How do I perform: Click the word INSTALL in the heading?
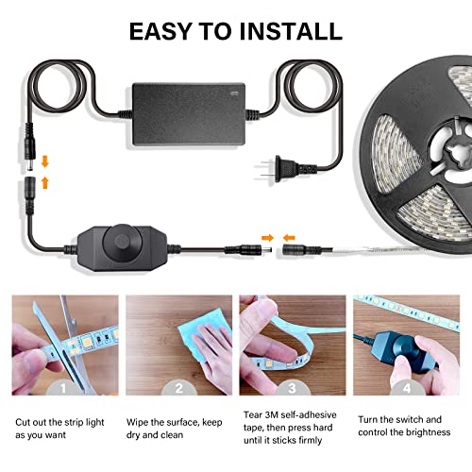click(280, 30)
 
